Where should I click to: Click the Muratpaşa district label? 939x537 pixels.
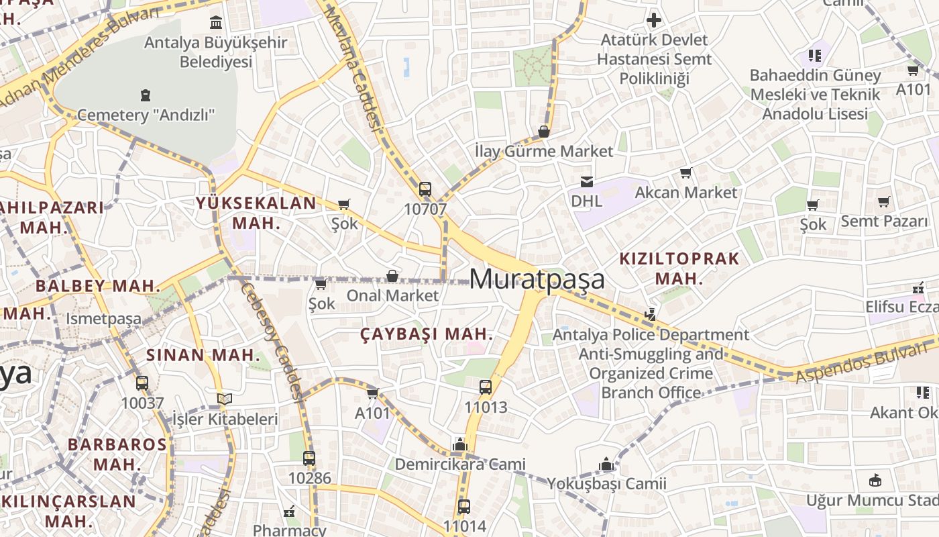(537, 279)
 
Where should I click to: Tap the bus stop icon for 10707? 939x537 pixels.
(425, 189)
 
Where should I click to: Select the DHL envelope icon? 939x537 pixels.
(587, 181)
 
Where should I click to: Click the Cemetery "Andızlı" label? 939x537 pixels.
(146, 115)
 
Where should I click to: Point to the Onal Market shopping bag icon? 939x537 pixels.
(392, 276)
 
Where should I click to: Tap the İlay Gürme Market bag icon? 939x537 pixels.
(544, 132)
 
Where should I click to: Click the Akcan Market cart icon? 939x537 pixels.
(685, 173)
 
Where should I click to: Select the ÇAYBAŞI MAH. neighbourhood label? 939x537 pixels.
(427, 334)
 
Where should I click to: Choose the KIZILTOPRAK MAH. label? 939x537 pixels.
(679, 268)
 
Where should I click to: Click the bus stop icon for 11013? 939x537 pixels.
(486, 387)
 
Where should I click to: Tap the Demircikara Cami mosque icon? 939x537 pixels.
(460, 444)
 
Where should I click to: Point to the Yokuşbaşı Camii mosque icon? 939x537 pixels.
(606, 464)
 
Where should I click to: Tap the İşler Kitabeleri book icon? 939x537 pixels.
(225, 399)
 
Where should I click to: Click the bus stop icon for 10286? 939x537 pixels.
(309, 458)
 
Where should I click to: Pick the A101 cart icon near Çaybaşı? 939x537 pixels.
(372, 393)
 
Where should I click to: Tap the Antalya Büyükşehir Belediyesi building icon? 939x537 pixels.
(216, 23)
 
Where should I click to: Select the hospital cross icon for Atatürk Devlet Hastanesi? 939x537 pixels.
(654, 20)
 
